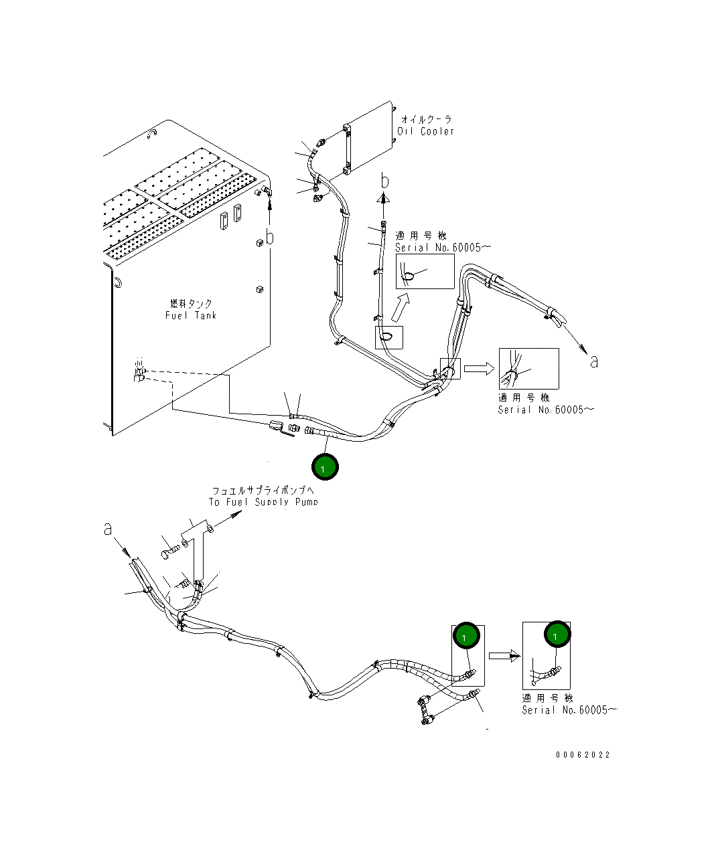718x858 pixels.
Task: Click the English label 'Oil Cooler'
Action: [x=425, y=132]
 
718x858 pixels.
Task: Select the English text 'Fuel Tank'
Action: [x=191, y=315]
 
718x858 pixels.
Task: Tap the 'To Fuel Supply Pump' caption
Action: [x=263, y=502]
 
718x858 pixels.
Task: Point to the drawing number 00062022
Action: [x=583, y=755]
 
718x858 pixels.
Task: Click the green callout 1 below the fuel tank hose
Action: [x=325, y=468]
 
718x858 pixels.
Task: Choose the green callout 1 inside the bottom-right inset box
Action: [x=557, y=634]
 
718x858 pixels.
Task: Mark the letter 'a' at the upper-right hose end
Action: [x=593, y=361]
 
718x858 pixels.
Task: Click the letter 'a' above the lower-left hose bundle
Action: [x=108, y=529]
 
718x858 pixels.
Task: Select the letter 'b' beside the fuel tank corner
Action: [x=269, y=237]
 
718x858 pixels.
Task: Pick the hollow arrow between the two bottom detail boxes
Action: [x=504, y=655]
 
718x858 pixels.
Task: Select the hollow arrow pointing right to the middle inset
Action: [x=479, y=368]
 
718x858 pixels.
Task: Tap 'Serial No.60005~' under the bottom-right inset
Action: [x=569, y=710]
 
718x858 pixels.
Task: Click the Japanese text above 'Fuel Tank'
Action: [x=191, y=304]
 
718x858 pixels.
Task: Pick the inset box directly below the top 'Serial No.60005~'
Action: [x=425, y=271]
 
